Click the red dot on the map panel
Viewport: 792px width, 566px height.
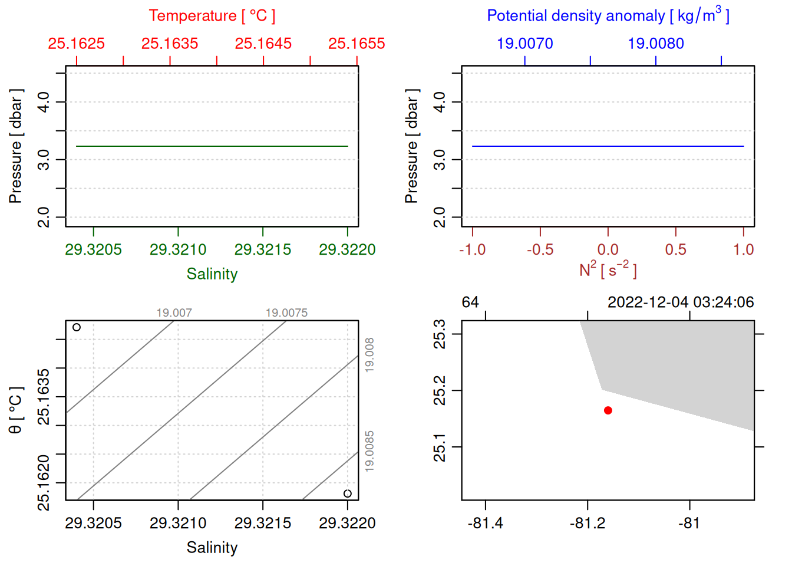tap(608, 410)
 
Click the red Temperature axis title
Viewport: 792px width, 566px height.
tap(212, 16)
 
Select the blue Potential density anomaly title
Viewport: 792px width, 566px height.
tap(608, 16)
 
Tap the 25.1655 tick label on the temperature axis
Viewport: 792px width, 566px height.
tap(357, 44)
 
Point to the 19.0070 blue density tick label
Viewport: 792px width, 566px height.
tap(525, 44)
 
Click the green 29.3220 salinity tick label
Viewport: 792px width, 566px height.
tap(347, 249)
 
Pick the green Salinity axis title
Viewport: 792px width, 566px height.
tap(212, 274)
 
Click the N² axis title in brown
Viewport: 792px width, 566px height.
tap(608, 270)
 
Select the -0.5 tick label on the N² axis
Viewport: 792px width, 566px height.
tap(540, 249)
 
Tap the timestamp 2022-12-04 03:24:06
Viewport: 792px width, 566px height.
tap(681, 302)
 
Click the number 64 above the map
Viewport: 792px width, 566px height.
tap(470, 302)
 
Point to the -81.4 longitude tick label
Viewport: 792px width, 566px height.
tap(485, 523)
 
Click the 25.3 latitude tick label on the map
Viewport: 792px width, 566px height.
tap(440, 334)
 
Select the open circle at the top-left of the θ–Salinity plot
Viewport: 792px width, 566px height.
tap(77, 327)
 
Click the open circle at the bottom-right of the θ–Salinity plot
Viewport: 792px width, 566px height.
tap(348, 493)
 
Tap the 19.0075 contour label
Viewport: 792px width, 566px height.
tap(286, 313)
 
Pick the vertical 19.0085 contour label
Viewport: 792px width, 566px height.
tap(369, 451)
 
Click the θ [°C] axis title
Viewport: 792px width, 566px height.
tap(16, 410)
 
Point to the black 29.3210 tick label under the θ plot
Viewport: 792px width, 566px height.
tap(178, 523)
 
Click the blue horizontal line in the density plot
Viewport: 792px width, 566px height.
tap(608, 146)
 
